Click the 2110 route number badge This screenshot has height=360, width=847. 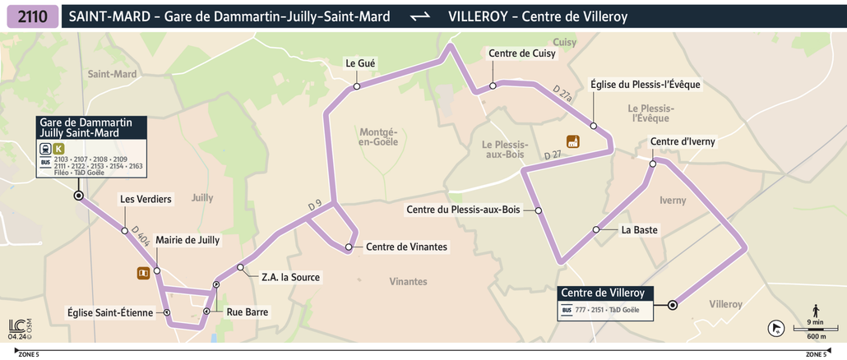coord(31,16)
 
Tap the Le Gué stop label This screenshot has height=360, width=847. coord(361,62)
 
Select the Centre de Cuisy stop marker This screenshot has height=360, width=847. coord(493,85)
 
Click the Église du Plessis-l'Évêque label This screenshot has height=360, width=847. coord(646,85)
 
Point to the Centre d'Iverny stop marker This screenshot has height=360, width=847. coord(653,164)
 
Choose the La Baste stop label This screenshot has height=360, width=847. coord(639,230)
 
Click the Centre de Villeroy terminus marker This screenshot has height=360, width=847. coord(673,305)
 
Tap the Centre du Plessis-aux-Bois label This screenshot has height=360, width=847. coord(463,210)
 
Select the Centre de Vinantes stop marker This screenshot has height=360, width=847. coord(349,247)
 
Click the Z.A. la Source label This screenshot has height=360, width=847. coord(289,277)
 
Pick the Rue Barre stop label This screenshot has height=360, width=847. coord(247,312)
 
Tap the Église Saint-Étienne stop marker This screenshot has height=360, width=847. coord(167,312)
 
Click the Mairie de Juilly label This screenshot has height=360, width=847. coord(187,240)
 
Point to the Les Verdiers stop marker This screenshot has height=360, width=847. coord(124,230)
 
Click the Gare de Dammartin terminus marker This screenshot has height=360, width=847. coord(78,196)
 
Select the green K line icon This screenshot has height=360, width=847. coord(58,149)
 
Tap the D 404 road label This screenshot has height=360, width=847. coord(139,239)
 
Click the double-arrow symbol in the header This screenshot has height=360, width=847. coord(419,16)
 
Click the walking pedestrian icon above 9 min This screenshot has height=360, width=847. coord(815,310)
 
